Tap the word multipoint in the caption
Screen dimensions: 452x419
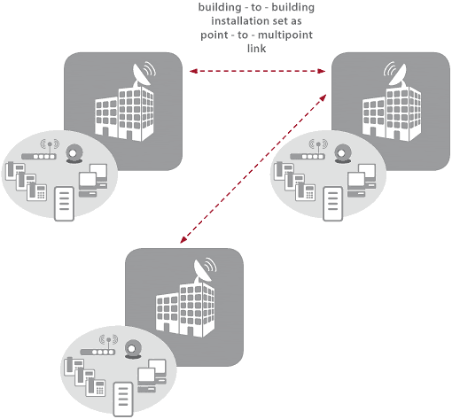click(285, 35)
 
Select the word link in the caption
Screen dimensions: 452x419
click(256, 49)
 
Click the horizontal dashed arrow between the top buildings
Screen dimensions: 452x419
click(257, 71)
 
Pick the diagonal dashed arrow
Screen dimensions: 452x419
click(253, 168)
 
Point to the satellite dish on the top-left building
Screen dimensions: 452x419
click(143, 74)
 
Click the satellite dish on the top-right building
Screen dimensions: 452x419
click(395, 74)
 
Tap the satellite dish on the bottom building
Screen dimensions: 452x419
click(204, 270)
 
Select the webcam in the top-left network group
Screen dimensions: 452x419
click(74, 154)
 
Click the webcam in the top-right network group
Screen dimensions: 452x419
click(343, 154)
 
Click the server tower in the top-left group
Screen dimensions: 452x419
click(64, 204)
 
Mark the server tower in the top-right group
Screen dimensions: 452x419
click(332, 204)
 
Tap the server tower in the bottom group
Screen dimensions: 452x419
click(123, 400)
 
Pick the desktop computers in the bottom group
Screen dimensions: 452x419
click(152, 376)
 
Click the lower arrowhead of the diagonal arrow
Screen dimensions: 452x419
click(183, 239)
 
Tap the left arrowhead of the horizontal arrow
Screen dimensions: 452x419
click(193, 71)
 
